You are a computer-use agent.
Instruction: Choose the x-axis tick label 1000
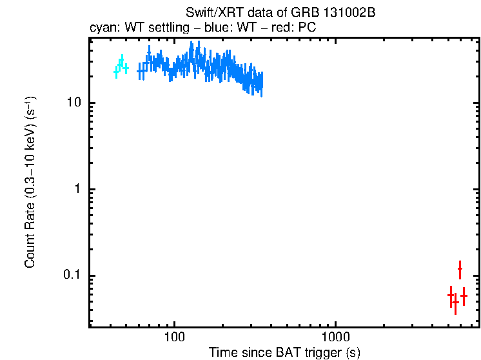tap(335, 336)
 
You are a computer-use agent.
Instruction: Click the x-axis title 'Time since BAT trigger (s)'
tap(284, 352)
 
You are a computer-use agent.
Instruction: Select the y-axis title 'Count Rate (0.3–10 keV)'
tap(30, 182)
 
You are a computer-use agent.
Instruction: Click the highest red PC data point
tap(460, 268)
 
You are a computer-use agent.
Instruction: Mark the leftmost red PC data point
tap(451, 295)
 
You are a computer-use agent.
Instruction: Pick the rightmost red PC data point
tap(464, 295)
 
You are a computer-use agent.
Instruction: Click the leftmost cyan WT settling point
tap(116, 72)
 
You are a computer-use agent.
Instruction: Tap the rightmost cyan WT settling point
tap(126, 68)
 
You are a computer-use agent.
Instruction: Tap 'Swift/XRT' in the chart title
tap(209, 14)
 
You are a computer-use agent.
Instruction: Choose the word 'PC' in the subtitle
tap(307, 28)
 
